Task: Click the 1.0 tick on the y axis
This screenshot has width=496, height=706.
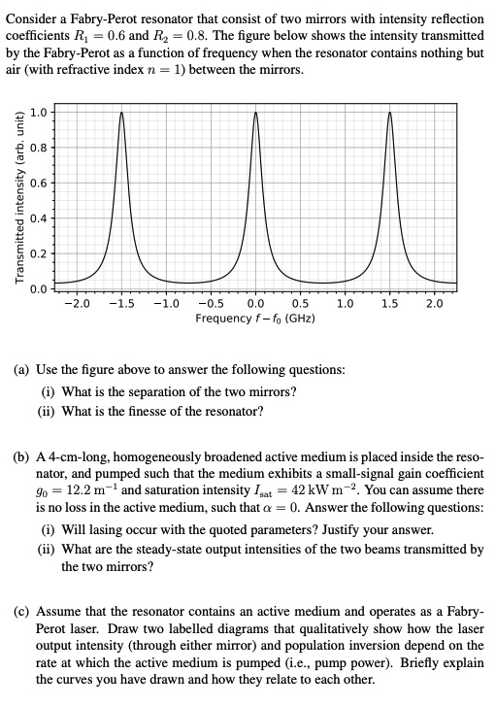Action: (x=39, y=112)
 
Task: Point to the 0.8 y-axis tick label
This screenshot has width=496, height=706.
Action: (x=39, y=147)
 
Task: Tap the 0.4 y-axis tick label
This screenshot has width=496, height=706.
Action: (x=39, y=217)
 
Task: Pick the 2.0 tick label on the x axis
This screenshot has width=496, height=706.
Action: (x=434, y=304)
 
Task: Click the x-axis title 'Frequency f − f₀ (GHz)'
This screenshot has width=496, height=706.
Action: (x=254, y=319)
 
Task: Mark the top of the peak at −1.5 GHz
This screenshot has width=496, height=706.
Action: (x=121, y=113)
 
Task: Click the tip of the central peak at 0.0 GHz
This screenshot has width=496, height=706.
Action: (x=255, y=113)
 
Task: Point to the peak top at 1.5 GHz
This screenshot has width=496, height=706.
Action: (x=389, y=113)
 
